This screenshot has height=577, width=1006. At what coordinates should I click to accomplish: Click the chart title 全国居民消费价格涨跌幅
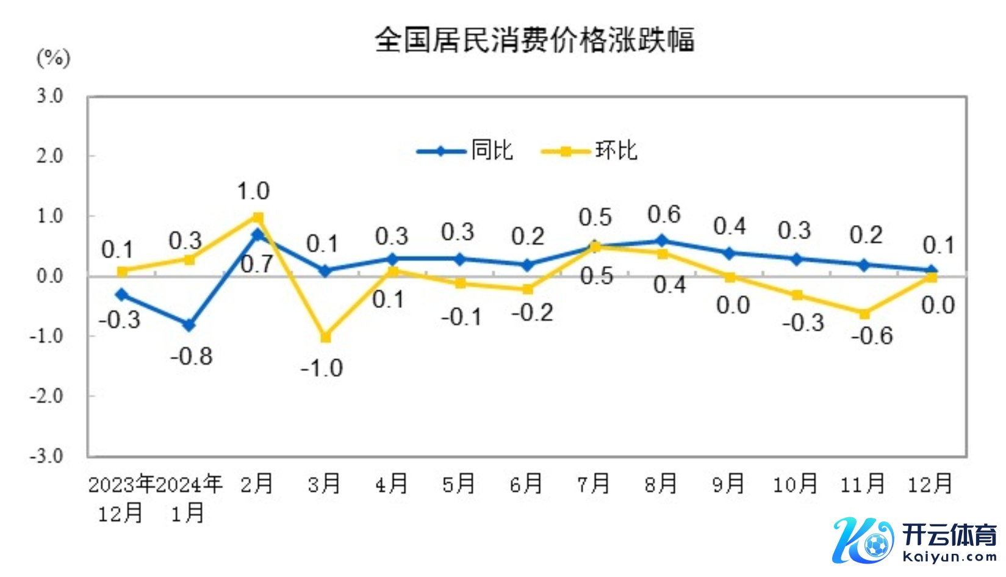pos(534,40)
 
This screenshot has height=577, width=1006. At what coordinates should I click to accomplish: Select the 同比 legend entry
pos(465,151)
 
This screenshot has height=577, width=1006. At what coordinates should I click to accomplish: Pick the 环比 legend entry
pos(589,151)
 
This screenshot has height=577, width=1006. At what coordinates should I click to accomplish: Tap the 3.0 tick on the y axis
pos(49,96)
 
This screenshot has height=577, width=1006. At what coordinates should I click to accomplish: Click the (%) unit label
pos(54,59)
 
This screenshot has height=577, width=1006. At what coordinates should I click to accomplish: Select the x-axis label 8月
pos(661,484)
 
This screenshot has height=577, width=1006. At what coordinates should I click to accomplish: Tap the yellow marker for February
pos(258,217)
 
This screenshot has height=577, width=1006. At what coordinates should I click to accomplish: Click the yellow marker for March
pos(326,337)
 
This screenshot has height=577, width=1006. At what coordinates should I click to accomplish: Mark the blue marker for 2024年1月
pos(190,325)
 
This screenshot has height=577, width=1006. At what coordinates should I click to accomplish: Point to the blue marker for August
pos(663,241)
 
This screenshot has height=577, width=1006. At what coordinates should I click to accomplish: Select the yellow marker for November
pos(864,314)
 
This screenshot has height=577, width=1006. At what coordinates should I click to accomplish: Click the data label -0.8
pos(192,356)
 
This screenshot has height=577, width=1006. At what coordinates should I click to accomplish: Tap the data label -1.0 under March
pos(322,368)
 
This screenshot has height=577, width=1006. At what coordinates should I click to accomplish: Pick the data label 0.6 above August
pos(664,215)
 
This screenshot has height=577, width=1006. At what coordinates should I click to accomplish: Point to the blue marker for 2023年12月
pos(122,295)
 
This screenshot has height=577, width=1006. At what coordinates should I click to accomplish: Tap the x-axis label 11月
pos(863,484)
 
